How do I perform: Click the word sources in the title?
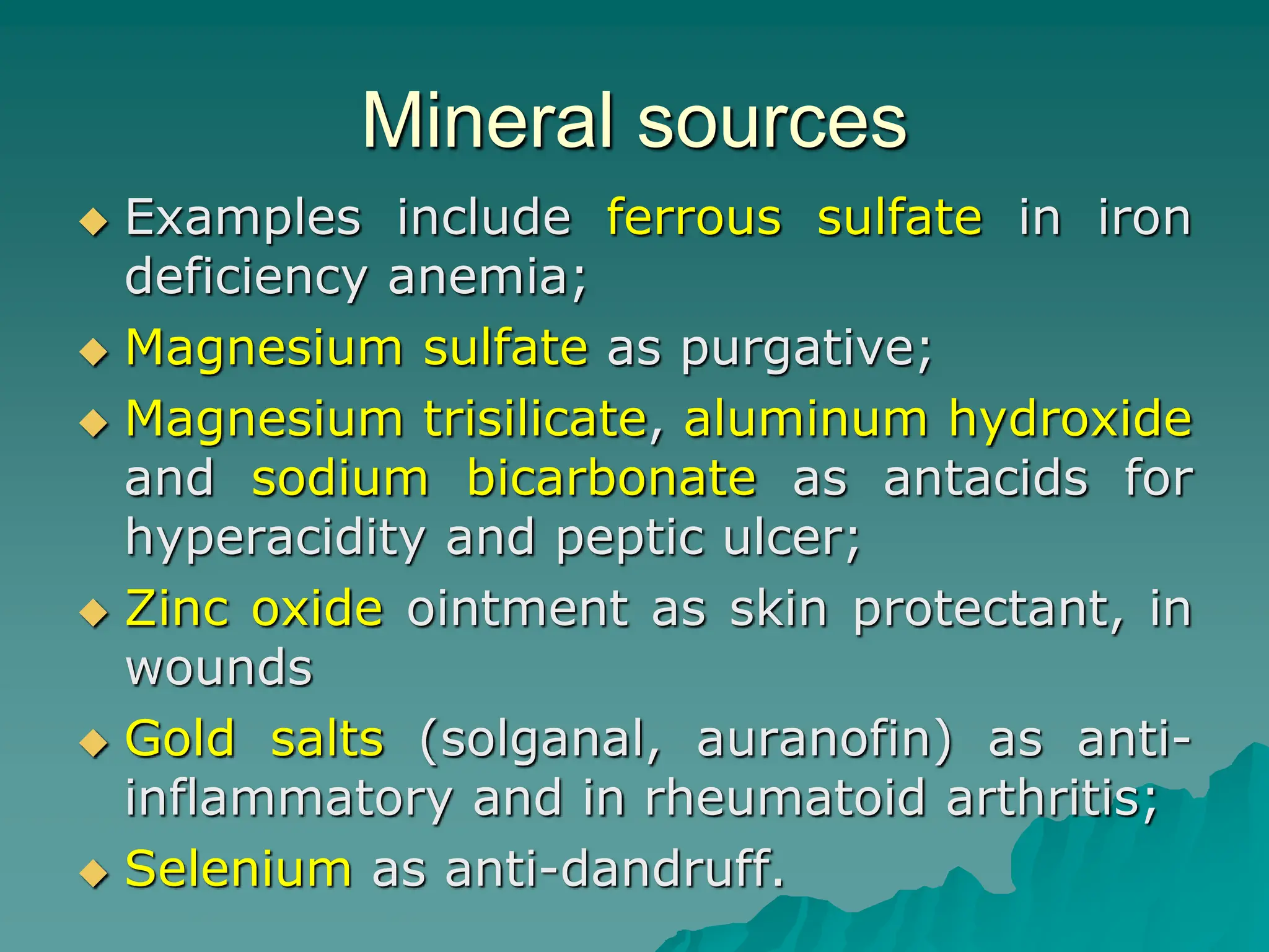tap(772, 121)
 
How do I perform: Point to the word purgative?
tap(806, 349)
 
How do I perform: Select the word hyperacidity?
tap(275, 538)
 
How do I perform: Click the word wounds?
tap(219, 668)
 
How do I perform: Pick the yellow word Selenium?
tap(239, 869)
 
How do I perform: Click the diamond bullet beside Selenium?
tap(94, 874)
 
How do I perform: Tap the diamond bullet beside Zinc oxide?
tap(94, 613)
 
